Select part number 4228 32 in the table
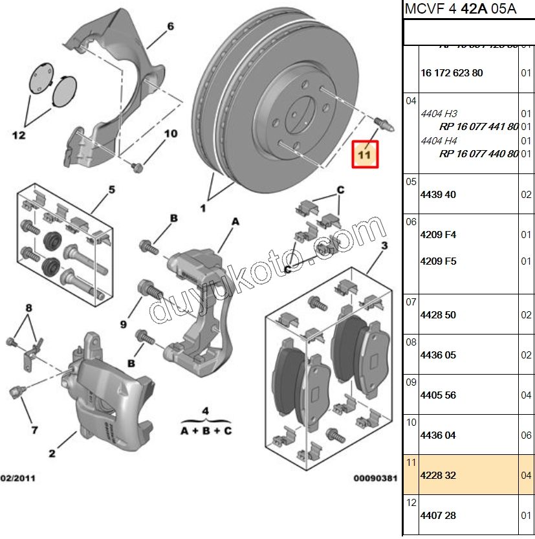click(438, 476)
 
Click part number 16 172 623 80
click(452, 73)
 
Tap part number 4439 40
click(438, 195)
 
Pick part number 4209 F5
click(438, 261)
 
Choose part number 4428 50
click(438, 315)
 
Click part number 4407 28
click(438, 516)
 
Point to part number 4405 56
click(438, 395)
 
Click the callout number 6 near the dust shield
click(171, 27)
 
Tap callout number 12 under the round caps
click(18, 135)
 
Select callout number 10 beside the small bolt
click(170, 134)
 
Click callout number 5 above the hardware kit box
click(111, 190)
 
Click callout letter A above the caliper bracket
click(235, 221)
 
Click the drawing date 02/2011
click(18, 479)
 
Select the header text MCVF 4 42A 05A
click(460, 10)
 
